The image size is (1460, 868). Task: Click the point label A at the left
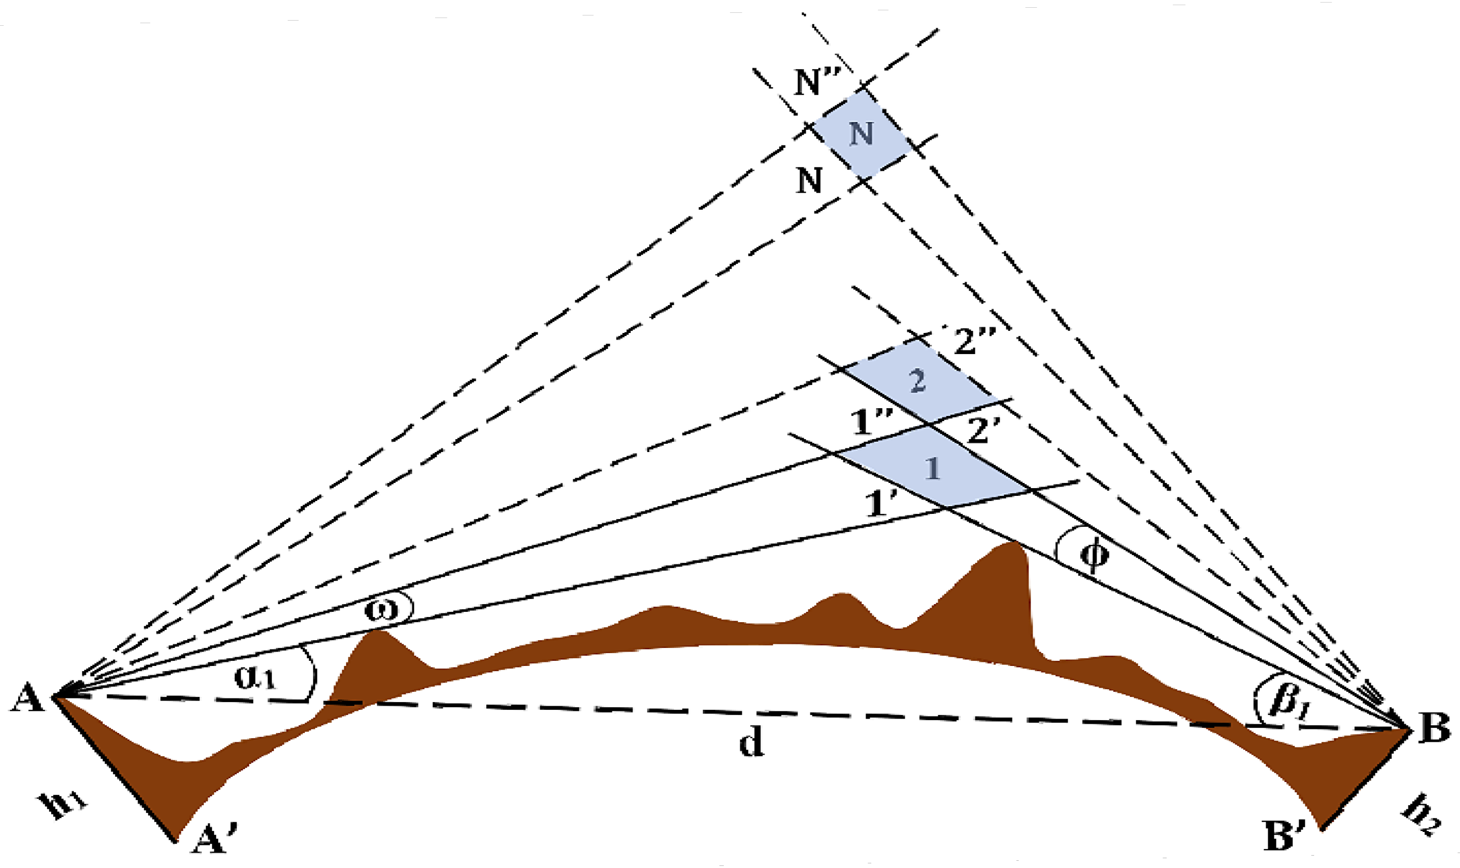(x=27, y=698)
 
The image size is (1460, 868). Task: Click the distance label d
(x=751, y=743)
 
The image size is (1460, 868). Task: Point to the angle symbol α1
(x=255, y=677)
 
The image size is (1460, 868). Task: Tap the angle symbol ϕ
(x=1092, y=555)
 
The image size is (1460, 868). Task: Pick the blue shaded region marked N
(x=861, y=134)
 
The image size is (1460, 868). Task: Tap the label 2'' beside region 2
(x=974, y=341)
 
